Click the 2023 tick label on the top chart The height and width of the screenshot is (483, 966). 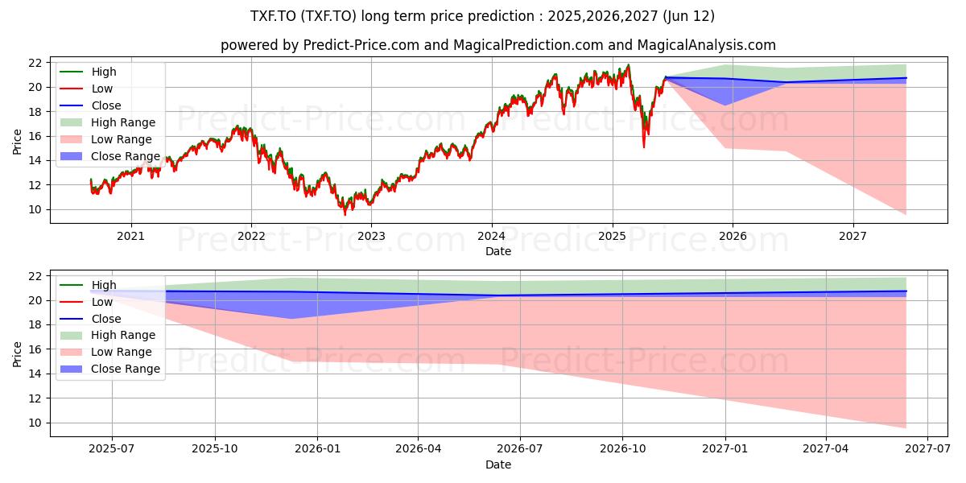(x=371, y=236)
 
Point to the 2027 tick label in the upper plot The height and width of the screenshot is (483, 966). (x=852, y=236)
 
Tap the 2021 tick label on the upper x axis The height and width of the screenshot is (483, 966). (x=130, y=236)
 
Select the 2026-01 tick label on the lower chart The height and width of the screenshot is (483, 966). (x=317, y=449)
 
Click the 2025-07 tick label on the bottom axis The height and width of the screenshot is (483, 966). (x=112, y=449)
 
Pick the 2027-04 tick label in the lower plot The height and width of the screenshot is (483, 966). (x=825, y=449)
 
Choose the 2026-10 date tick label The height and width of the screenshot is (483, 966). (x=623, y=449)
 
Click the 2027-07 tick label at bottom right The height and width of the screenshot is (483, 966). (x=927, y=449)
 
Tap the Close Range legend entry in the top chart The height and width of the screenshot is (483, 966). (x=110, y=156)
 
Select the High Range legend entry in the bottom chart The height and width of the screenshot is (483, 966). (x=108, y=335)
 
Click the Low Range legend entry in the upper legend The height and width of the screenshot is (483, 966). (x=106, y=139)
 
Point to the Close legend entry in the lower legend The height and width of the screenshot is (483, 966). (x=90, y=319)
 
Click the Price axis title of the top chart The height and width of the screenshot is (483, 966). (x=17, y=142)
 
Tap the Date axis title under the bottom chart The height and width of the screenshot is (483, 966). (x=498, y=464)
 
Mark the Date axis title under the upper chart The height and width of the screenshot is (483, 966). (x=498, y=251)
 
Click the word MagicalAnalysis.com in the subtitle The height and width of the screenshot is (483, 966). (x=707, y=45)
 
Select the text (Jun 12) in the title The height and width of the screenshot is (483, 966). (x=689, y=16)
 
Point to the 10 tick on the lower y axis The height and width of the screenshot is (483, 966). (x=35, y=423)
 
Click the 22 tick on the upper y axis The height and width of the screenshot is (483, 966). (x=35, y=63)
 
